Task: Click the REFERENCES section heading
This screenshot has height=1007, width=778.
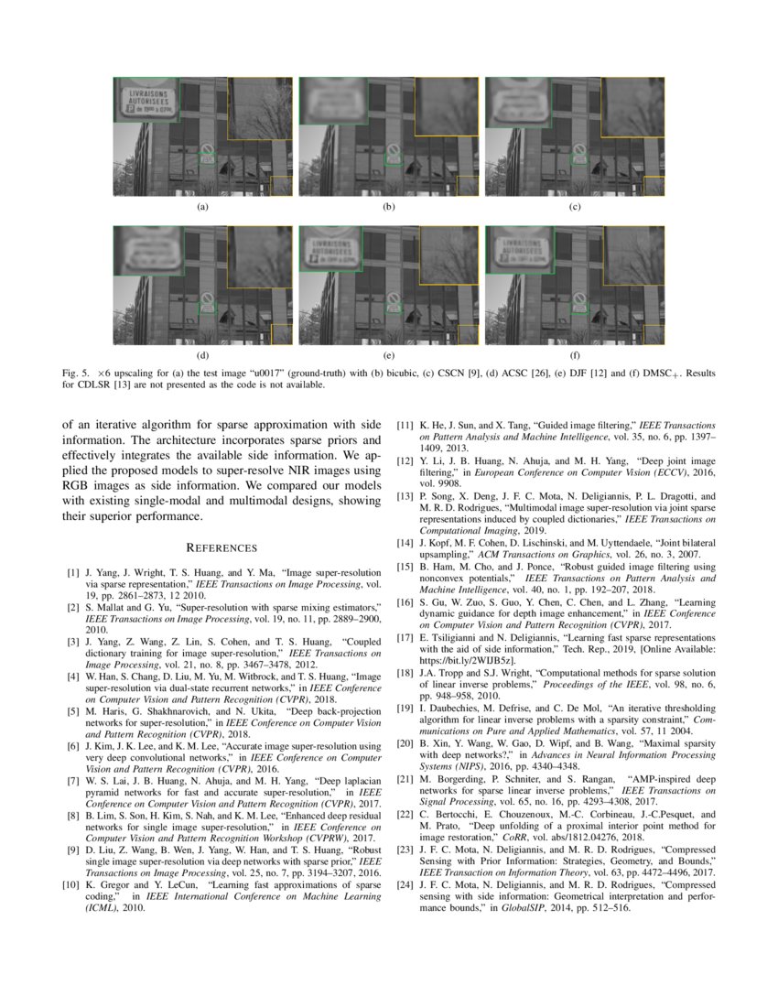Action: (222, 547)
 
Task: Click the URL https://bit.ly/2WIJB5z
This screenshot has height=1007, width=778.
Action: (468, 659)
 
